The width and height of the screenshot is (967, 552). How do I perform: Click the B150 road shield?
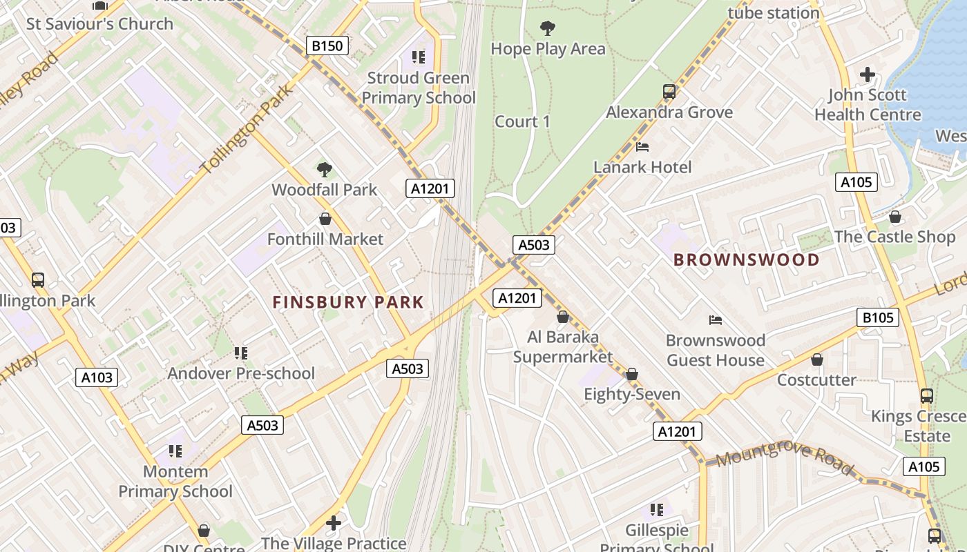click(x=327, y=46)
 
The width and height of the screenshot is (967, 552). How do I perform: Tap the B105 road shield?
click(x=878, y=317)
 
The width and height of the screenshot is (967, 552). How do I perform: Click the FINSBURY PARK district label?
click(x=348, y=302)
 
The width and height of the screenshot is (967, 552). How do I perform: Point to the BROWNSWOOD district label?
click(x=746, y=260)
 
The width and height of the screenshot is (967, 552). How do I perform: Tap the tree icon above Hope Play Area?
click(x=548, y=28)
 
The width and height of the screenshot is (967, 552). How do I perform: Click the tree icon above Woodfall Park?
click(x=324, y=170)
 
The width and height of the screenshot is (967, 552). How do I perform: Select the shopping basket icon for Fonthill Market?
click(x=325, y=219)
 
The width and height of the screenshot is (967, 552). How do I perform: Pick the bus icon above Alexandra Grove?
click(x=669, y=92)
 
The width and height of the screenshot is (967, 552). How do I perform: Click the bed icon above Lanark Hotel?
click(x=642, y=147)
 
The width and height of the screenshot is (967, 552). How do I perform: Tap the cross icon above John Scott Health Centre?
click(x=868, y=75)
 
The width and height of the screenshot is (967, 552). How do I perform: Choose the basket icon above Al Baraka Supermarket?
click(x=563, y=317)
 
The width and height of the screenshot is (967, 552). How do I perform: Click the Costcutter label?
click(x=816, y=379)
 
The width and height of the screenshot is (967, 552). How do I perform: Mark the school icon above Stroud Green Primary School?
click(x=418, y=57)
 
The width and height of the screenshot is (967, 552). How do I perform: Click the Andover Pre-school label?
click(x=241, y=373)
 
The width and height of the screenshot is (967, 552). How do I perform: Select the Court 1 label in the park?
click(x=523, y=121)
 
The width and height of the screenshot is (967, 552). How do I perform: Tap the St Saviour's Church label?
click(x=99, y=23)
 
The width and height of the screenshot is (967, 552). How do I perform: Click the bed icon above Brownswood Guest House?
click(x=716, y=320)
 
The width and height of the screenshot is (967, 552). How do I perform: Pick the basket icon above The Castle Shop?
click(x=895, y=217)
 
